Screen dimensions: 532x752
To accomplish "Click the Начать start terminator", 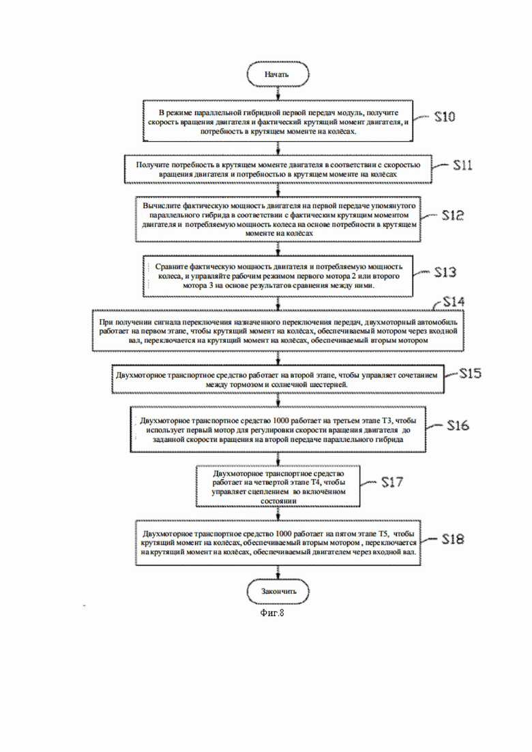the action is [278, 74].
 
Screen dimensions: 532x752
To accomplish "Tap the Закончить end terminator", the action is [278, 591].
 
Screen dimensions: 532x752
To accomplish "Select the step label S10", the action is [445, 117].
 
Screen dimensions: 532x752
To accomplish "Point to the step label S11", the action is [463, 165].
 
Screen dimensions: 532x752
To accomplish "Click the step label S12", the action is [453, 215].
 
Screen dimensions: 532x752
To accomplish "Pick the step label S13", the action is [445, 273].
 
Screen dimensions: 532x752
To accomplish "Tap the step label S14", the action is [454, 301].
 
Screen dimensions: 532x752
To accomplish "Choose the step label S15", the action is [471, 374].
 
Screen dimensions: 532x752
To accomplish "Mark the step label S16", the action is [458, 425].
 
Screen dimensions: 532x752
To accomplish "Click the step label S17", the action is [392, 482].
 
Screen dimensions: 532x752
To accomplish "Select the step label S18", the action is [453, 539].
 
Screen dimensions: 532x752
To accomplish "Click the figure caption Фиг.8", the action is [272, 612].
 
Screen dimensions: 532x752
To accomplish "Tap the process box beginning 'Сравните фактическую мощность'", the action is [278, 275].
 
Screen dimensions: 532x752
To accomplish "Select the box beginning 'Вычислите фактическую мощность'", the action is [278, 219].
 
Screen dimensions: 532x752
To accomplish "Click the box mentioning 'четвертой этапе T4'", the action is [278, 486].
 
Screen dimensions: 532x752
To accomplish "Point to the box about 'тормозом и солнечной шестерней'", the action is [278, 380].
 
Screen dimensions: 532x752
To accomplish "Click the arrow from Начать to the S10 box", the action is [278, 94].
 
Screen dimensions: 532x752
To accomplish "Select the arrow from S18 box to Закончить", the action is [278, 572].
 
